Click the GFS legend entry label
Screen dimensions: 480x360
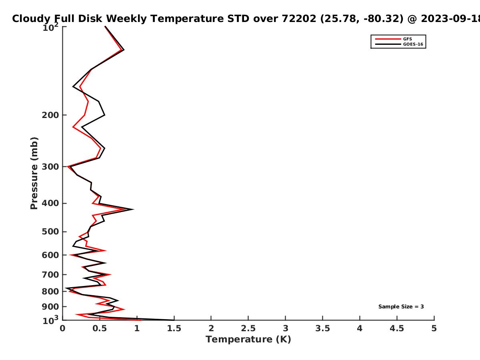[x=407, y=39]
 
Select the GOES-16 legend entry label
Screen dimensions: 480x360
[x=413, y=44]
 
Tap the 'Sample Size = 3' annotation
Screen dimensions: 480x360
[x=401, y=307]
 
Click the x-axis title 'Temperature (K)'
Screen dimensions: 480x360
[x=248, y=340]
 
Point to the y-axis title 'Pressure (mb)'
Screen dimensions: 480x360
[x=34, y=173]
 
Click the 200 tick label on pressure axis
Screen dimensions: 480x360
[x=50, y=115]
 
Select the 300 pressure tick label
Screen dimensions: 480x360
[x=50, y=167]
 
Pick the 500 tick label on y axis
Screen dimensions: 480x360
[x=50, y=232]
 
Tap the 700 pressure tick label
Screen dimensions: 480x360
[x=50, y=274]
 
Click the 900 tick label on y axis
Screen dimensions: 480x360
[x=50, y=307]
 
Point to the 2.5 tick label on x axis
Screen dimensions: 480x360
[x=248, y=328]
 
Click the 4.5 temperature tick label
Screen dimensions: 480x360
[x=397, y=328]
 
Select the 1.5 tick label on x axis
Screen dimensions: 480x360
[x=174, y=328]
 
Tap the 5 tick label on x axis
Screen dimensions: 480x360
[x=434, y=328]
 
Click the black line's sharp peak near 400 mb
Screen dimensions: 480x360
[x=133, y=209]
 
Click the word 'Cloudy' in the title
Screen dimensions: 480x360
[x=31, y=19]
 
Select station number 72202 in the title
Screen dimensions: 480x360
[x=299, y=19]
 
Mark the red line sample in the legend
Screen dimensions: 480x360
[x=388, y=39]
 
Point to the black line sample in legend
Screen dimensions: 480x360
[x=388, y=44]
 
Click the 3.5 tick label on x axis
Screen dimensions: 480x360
[x=322, y=328]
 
